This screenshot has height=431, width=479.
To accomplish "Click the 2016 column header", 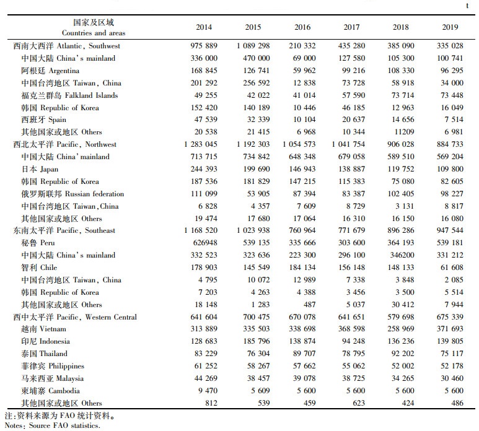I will coord(302,27).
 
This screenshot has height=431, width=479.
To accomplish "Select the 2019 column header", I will coord(450,27).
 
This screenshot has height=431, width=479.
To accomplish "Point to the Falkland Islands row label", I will coord(69,95).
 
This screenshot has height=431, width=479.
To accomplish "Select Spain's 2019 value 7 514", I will coord(454,120).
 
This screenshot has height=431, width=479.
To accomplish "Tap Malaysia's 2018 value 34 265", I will coord(402,378).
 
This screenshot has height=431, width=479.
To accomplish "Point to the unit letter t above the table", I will coord(467,6).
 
